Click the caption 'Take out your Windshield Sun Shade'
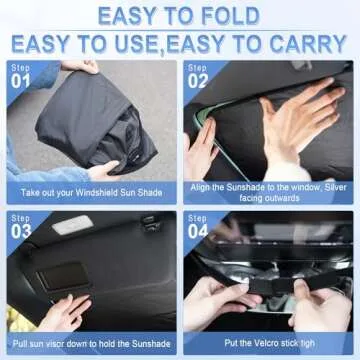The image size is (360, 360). [x=90, y=187]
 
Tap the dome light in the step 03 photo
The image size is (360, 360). [x=71, y=225]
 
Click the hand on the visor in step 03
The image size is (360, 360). [x=65, y=311]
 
